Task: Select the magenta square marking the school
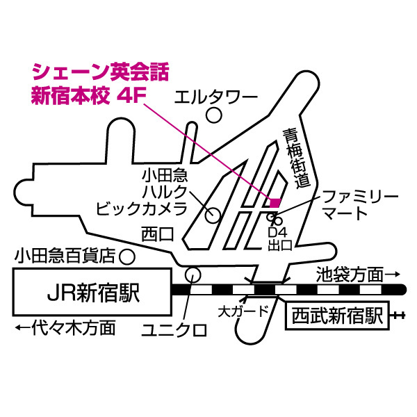275,203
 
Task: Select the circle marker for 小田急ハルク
212,215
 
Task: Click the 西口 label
156,234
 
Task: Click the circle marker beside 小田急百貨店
126,256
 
